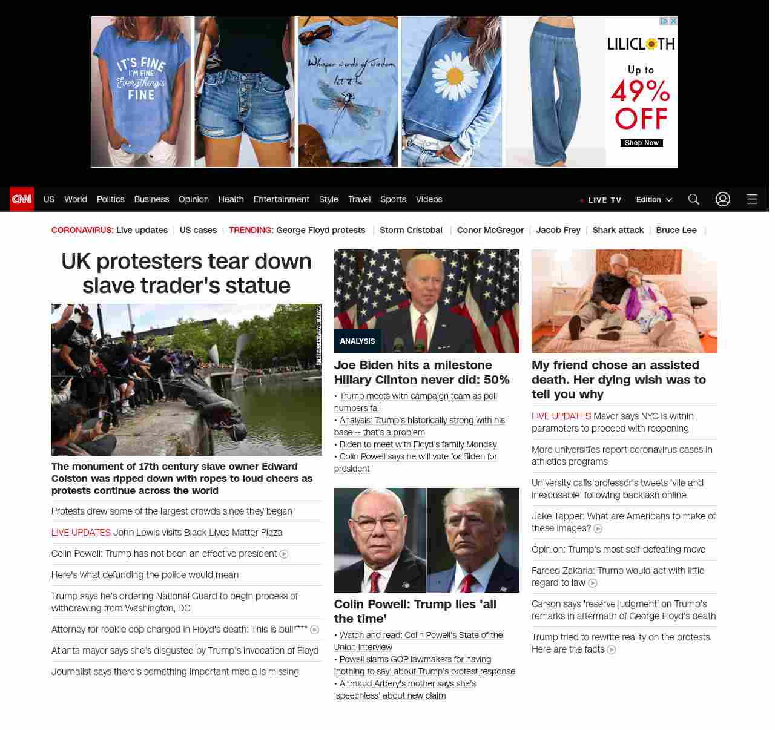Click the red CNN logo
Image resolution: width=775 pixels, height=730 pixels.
tap(22, 199)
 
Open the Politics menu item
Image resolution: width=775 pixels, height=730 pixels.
tap(110, 199)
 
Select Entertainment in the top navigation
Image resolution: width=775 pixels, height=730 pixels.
tap(281, 199)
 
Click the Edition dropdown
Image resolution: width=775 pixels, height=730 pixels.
tap(654, 200)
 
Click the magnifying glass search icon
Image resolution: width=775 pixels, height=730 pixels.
tap(694, 199)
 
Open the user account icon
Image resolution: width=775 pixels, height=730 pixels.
tap(723, 199)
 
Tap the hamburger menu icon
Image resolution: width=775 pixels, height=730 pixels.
tap(752, 199)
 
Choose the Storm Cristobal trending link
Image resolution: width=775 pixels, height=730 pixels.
tap(411, 230)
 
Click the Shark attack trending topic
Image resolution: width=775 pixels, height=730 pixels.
tap(618, 230)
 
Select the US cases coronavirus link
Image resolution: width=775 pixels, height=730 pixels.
tap(198, 230)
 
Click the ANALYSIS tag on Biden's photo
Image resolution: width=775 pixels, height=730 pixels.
tap(357, 341)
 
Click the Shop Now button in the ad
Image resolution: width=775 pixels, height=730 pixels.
tap(641, 143)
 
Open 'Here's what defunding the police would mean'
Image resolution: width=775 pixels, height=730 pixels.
tap(145, 575)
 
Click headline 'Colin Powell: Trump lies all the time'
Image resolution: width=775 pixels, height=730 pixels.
tap(415, 611)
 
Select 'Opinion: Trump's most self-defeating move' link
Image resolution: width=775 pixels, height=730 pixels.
tap(618, 550)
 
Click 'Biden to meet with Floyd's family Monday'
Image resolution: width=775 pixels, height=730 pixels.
tap(418, 444)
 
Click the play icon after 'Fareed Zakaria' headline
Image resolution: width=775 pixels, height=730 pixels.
tap(593, 584)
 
